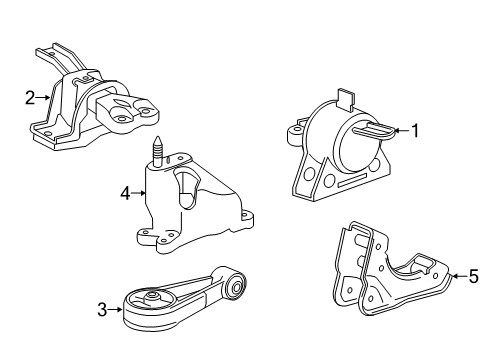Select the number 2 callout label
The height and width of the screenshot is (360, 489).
30,97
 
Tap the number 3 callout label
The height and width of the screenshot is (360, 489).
102,310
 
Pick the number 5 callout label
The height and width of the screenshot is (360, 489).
474,277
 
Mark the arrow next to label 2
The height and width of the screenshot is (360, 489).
43,97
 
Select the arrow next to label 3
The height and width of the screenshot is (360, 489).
116,310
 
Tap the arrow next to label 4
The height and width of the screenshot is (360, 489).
140,193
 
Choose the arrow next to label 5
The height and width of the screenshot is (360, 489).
459,277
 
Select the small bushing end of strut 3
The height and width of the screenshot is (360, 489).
236,289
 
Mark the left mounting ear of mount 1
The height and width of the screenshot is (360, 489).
296,131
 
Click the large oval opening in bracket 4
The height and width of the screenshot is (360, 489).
187,187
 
